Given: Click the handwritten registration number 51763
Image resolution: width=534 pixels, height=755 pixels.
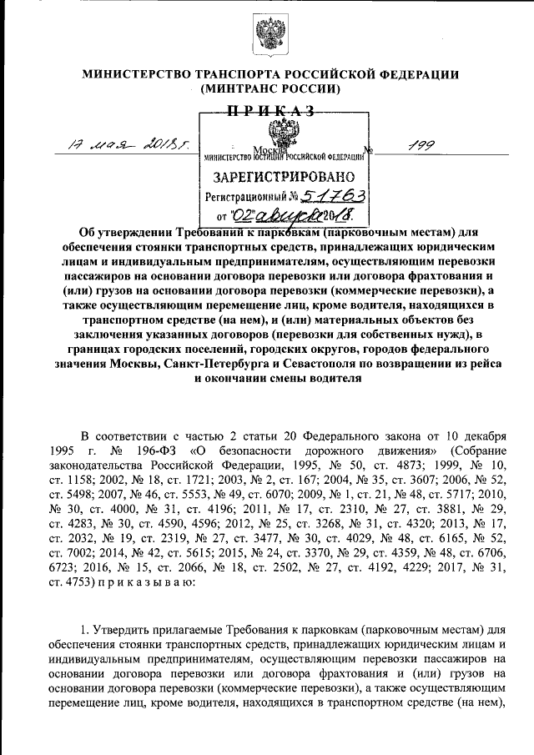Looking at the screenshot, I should [x=333, y=196].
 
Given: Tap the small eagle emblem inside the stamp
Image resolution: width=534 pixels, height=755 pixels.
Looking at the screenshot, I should [x=283, y=133].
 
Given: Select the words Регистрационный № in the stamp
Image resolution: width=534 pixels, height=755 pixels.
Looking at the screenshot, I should [x=246, y=198].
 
